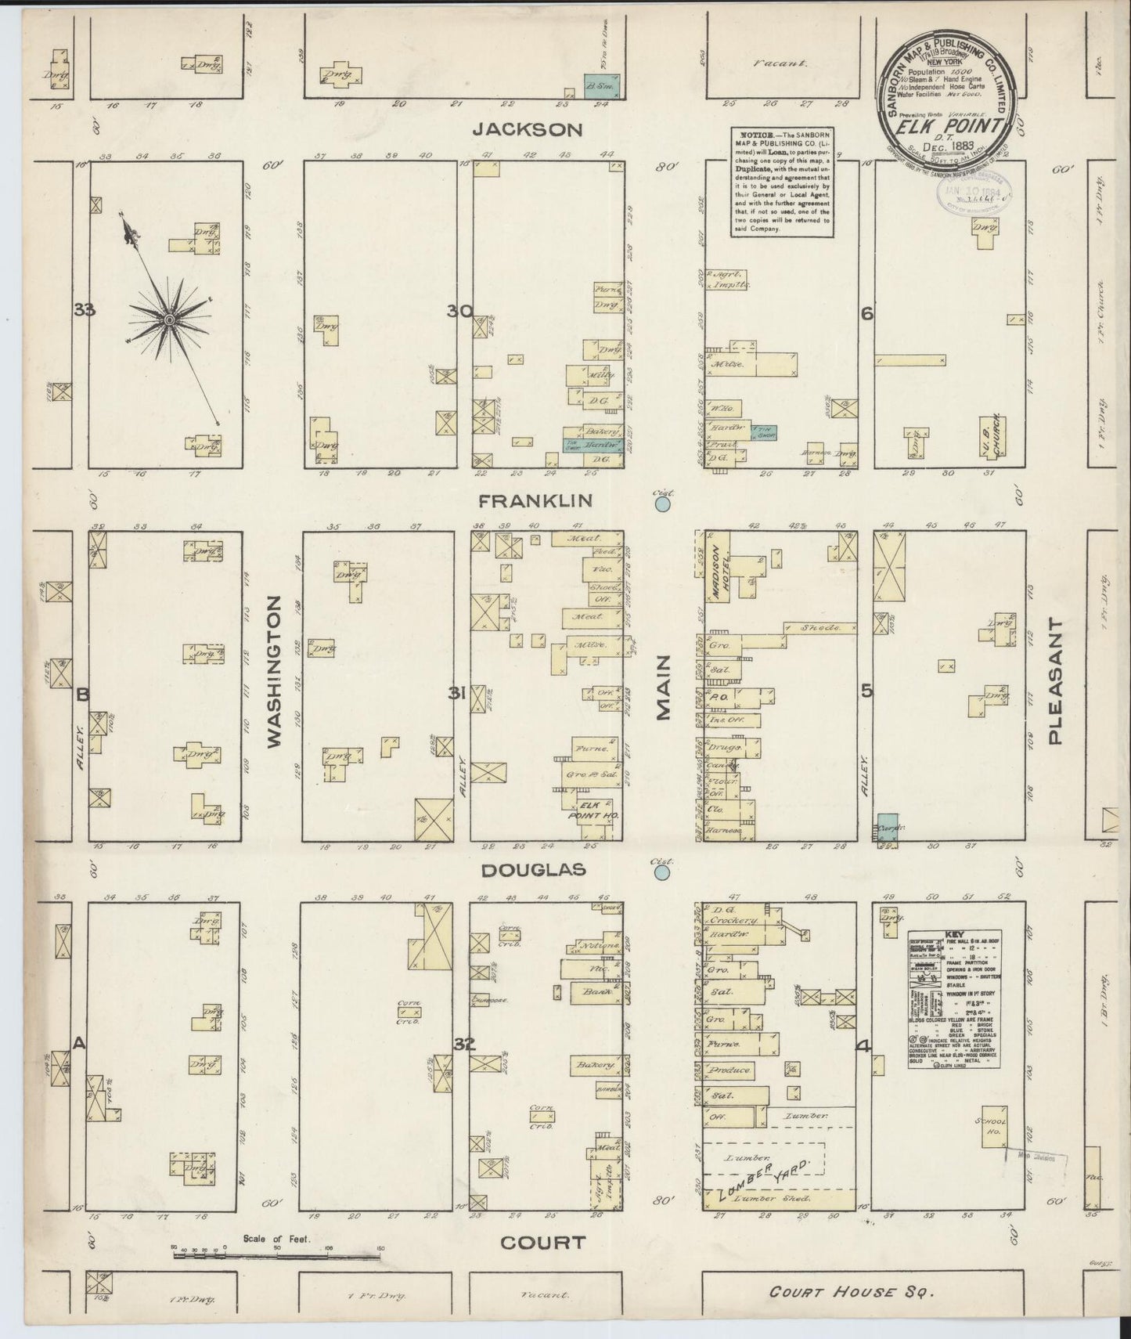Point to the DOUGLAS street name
click(x=535, y=871)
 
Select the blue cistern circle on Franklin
click(x=663, y=505)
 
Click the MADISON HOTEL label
click(x=716, y=567)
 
